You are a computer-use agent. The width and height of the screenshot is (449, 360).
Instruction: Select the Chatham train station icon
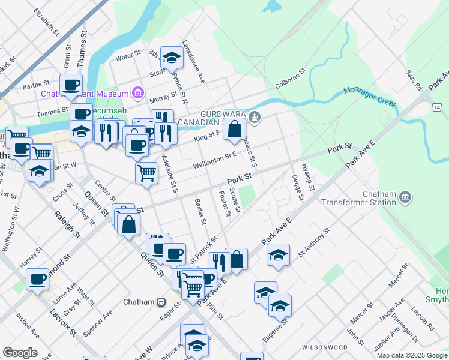[161, 302]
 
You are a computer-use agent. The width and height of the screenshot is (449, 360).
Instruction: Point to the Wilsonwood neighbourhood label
[325, 347]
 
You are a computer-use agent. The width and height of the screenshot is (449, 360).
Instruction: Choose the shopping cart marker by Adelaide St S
[146, 173]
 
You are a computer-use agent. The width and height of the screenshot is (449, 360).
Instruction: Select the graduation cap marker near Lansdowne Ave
[172, 58]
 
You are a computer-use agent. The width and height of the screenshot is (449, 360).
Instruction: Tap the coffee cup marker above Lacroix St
[37, 279]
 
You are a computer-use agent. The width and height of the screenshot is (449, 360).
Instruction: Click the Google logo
[20, 353]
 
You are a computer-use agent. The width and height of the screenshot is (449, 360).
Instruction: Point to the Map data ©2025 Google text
[411, 355]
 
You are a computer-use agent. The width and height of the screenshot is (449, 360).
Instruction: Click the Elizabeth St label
[46, 20]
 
